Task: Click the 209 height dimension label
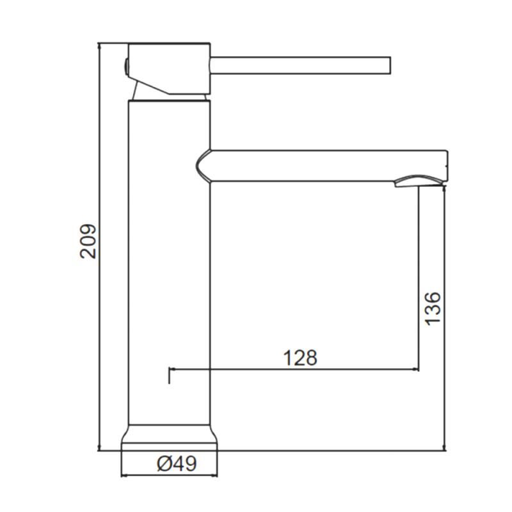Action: pyautogui.click(x=88, y=241)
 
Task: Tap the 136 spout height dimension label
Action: pyautogui.click(x=433, y=308)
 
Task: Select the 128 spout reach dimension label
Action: pyautogui.click(x=300, y=358)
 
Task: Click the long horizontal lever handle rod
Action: pyautogui.click(x=300, y=66)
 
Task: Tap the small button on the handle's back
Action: pyautogui.click(x=125, y=67)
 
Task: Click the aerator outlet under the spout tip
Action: pyautogui.click(x=419, y=182)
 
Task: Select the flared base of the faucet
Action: pyautogui.click(x=169, y=438)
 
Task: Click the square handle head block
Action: pyautogui.click(x=169, y=68)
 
